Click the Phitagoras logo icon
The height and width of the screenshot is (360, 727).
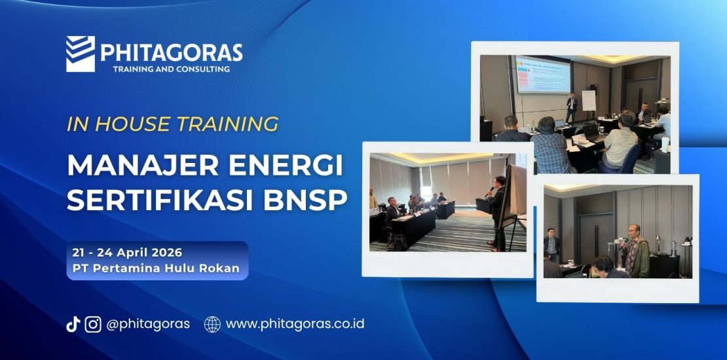point(81,54)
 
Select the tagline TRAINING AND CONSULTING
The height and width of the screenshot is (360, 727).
point(172,69)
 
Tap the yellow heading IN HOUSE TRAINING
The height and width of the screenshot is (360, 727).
point(173,124)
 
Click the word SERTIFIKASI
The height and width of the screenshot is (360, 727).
point(164,200)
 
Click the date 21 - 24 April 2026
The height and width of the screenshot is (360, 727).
point(128,252)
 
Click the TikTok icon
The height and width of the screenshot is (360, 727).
point(73,324)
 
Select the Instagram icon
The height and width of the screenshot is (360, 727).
point(93,324)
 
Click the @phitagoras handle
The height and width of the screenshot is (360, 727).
point(148,324)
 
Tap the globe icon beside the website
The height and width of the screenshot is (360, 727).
point(212,324)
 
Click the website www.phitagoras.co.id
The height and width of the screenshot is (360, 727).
point(295,324)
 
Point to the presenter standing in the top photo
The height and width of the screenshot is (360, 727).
point(571,107)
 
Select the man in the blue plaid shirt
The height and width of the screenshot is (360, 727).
point(551,148)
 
